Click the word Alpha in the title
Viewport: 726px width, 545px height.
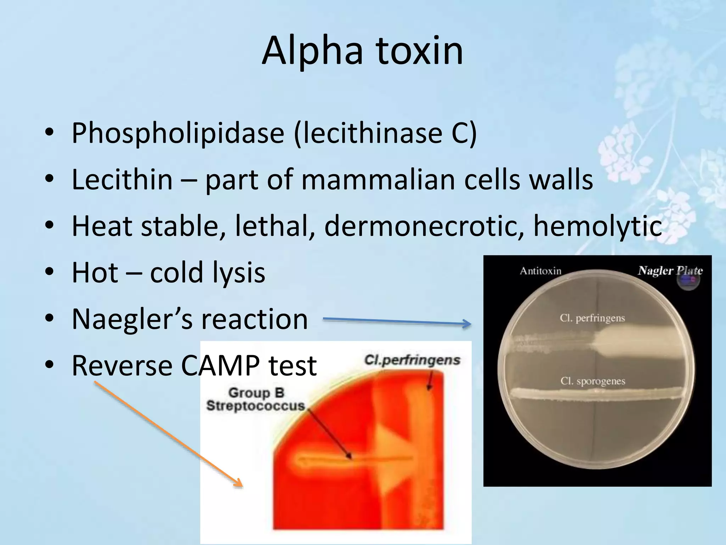pos(312,51)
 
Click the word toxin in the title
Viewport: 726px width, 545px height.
pos(419,51)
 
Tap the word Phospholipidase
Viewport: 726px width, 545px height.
pos(178,133)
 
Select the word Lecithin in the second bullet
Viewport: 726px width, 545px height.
pos(122,180)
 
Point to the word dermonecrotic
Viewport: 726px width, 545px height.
pos(424,226)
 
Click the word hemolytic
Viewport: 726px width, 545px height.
pos(597,226)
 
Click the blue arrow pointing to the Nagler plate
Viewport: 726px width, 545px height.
pos(397,321)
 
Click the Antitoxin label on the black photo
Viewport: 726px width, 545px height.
pos(540,271)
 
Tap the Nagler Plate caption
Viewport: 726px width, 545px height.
pos(670,271)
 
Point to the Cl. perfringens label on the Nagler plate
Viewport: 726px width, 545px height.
pos(592,318)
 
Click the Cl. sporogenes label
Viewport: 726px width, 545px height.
pos(593,381)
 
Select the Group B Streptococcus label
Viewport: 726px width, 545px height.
pos(255,399)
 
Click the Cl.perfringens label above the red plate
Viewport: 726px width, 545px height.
pos(412,360)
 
